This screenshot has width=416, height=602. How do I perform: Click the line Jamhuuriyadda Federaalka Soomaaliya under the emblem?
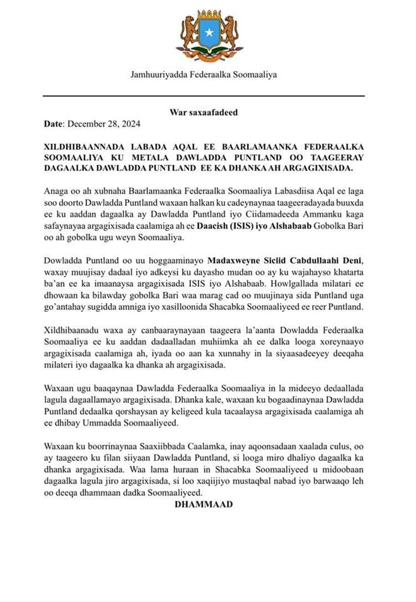tap(204, 75)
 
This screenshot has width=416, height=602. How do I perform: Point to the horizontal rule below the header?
tap(204, 95)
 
